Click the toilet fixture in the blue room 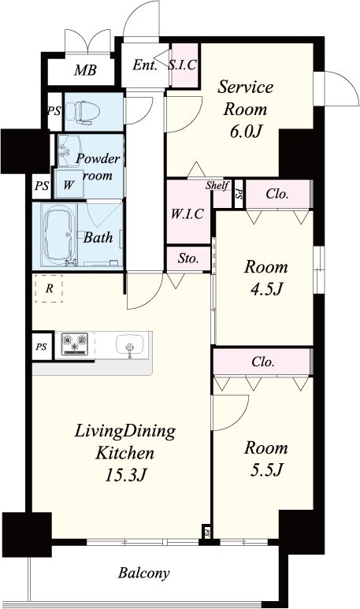click(83, 112)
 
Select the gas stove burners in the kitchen click(75, 343)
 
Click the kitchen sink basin click(129, 343)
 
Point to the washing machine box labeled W click(69, 184)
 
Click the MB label click(85, 70)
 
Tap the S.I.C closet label click(183, 65)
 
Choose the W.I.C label click(187, 214)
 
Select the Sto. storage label click(188, 258)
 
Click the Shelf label click(217, 185)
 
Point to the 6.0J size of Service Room click(245, 132)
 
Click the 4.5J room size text click(266, 289)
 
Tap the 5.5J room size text click(266, 470)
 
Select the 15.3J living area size click(125, 474)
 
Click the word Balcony click(143, 573)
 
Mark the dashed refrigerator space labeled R click(49, 288)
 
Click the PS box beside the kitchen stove click(42, 346)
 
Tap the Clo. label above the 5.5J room click(263, 362)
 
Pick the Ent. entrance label click(144, 65)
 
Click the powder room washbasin click(69, 150)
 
